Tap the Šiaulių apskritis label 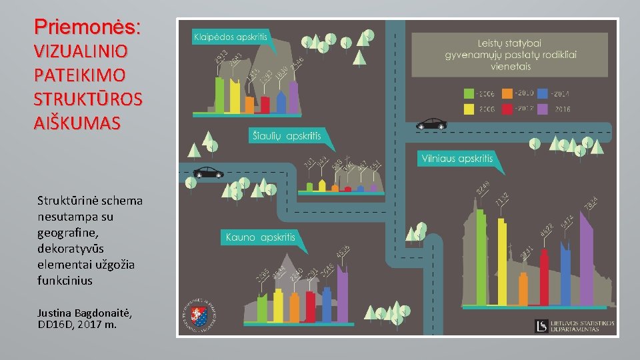tap(286, 136)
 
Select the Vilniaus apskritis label tap(457, 159)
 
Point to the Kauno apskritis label tap(260, 237)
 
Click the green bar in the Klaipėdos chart tap(219, 95)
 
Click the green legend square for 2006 tap(469, 94)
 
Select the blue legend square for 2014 tap(543, 94)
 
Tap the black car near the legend tap(431, 124)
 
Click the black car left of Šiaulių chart tap(208, 173)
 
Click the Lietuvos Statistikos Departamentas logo tap(574, 326)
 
